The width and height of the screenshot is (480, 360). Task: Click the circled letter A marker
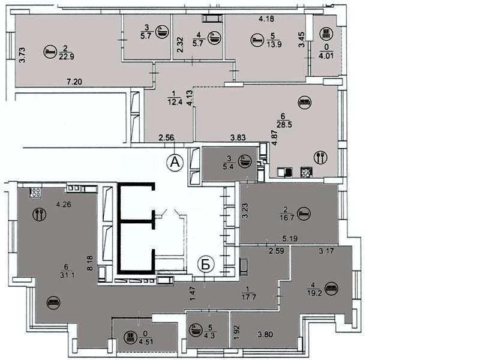coord(175,161)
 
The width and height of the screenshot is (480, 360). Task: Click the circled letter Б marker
coord(206,265)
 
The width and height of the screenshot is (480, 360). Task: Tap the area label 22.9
coord(67,56)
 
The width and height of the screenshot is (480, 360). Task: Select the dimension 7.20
coord(74,82)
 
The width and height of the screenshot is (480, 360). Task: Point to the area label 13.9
coord(274,44)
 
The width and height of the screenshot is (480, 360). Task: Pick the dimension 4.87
coord(275,139)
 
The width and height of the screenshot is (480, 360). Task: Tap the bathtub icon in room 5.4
coord(246,161)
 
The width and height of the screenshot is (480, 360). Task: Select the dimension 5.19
coord(290,238)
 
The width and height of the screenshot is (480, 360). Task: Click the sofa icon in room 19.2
coord(332,288)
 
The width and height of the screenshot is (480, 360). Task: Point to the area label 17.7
coord(248,297)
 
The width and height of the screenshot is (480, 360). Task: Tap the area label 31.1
coord(68,275)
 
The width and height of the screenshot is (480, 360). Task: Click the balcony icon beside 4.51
coord(130,338)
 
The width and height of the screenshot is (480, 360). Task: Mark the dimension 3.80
coord(265,335)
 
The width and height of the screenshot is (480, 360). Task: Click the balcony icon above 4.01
coord(326,34)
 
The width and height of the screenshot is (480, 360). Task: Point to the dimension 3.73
coord(22,55)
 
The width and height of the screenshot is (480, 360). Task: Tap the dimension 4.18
coord(266,19)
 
